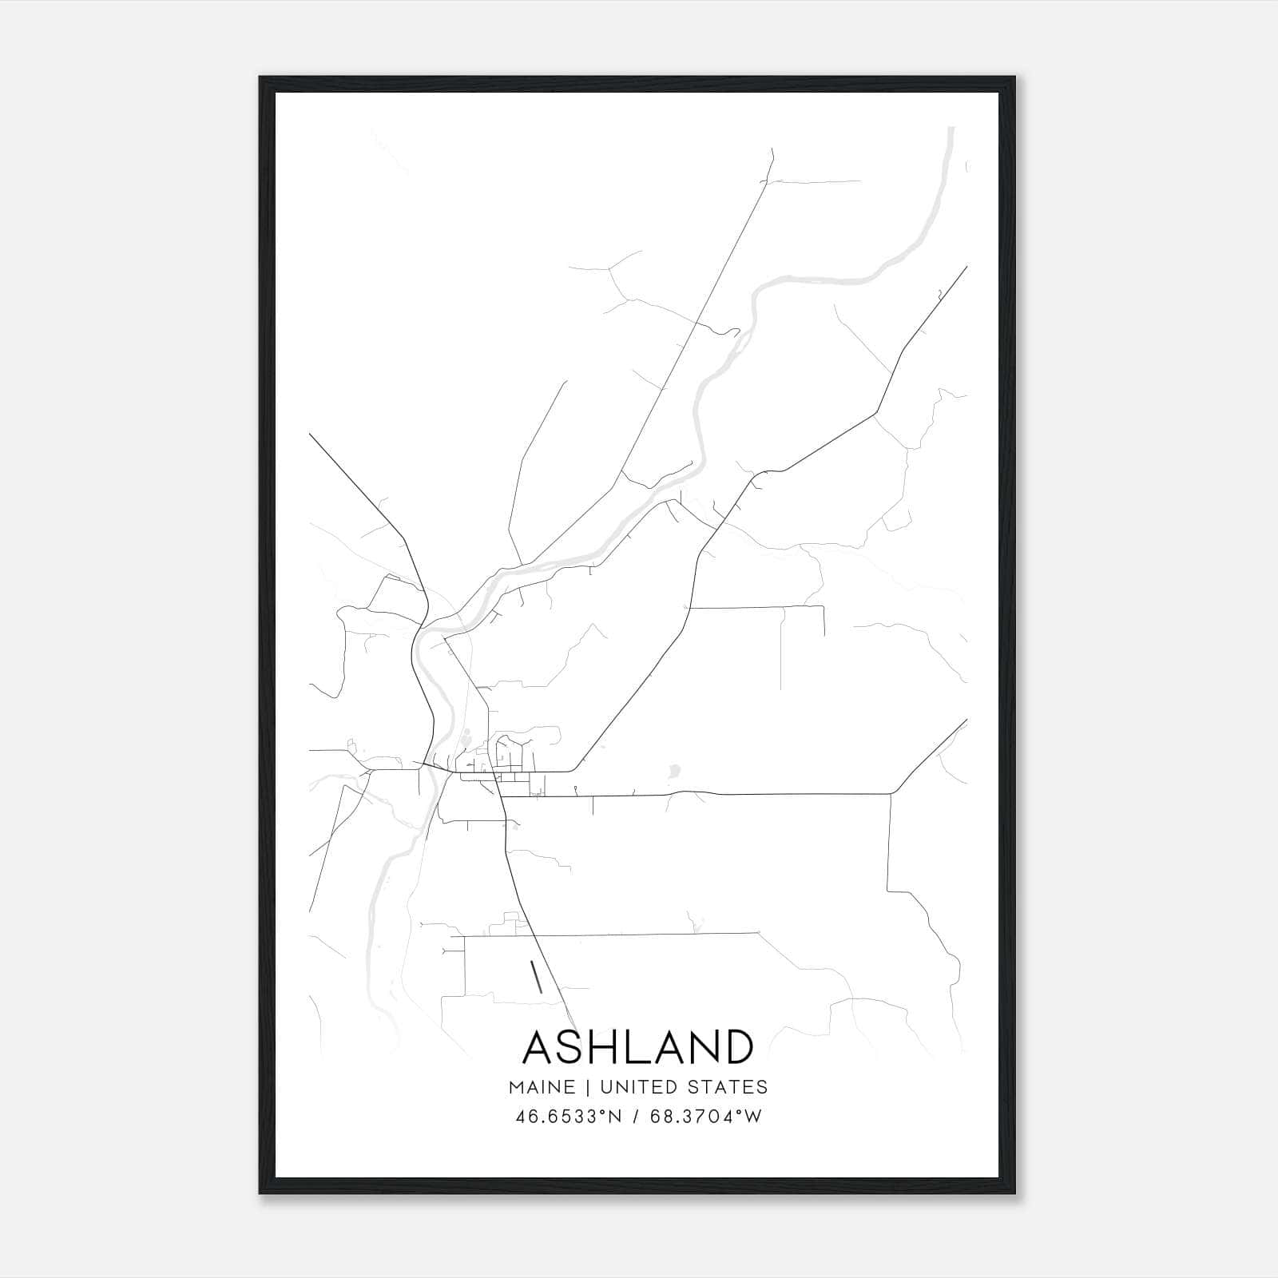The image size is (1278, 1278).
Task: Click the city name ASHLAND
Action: (x=637, y=1047)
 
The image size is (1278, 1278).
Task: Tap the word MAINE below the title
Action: (x=541, y=1087)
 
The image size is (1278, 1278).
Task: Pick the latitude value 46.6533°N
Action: (x=569, y=1117)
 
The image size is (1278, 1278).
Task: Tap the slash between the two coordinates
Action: (x=636, y=1117)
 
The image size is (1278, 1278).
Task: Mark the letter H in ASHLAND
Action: (x=610, y=1047)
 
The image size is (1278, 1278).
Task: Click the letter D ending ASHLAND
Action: (x=738, y=1047)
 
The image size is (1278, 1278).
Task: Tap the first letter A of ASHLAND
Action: (x=540, y=1047)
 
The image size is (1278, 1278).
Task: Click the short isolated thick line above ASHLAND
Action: (x=537, y=977)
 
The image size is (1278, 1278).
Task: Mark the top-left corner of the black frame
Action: (x=260, y=77)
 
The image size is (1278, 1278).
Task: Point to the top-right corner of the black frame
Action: (x=1014, y=77)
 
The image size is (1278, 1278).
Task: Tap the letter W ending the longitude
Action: (x=755, y=1117)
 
